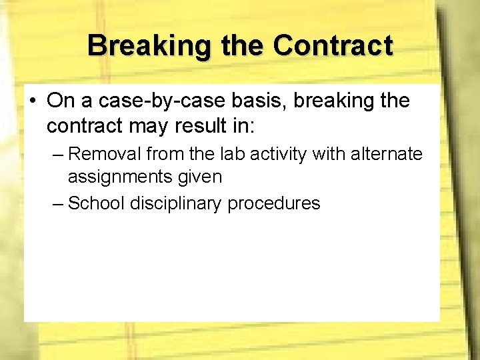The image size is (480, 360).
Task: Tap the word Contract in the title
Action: pyautogui.click(x=333, y=46)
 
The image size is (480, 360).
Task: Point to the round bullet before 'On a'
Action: pyautogui.click(x=33, y=101)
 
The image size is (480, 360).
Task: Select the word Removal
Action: pyautogui.click(x=105, y=154)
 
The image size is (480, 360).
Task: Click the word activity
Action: pyautogui.click(x=280, y=155)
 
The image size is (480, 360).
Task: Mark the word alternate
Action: pyautogui.click(x=389, y=154)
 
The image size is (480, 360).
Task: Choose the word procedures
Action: pyautogui.click(x=274, y=203)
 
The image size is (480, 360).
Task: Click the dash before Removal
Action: pyautogui.click(x=58, y=155)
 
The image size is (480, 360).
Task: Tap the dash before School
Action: pyautogui.click(x=58, y=203)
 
